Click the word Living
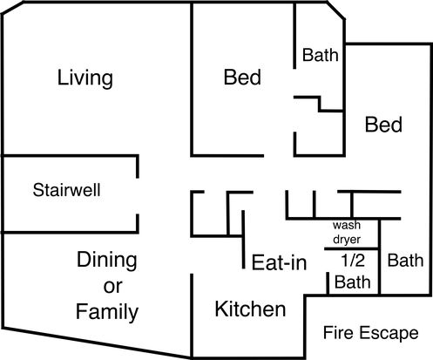tap(85, 78)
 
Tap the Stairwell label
tap(66, 190)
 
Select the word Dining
tap(107, 260)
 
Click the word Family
tap(107, 311)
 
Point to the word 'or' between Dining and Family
tap(112, 287)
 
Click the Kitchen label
tap(250, 309)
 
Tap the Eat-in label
tap(279, 262)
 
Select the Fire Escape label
tap(371, 333)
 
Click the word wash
tap(347, 225)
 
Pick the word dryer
tap(347, 240)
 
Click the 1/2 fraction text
tap(353, 261)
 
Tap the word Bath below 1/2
tap(353, 282)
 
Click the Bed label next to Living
tap(242, 78)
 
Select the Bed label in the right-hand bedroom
tap(383, 125)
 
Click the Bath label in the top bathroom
tap(321, 55)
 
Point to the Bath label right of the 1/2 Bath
tap(405, 261)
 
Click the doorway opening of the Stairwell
tap(138, 196)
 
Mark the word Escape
tap(389, 333)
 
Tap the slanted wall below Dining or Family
tap(97, 343)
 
